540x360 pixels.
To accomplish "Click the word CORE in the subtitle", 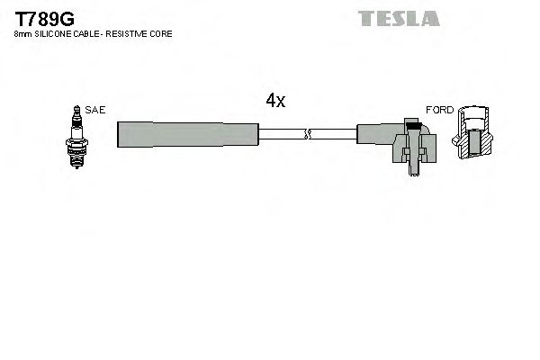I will point(162,33).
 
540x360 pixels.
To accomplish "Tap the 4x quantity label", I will point(275,101).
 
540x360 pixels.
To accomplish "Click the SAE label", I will point(96,109).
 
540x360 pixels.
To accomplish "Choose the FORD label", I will point(439,109).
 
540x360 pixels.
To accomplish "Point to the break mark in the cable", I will point(308,135).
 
